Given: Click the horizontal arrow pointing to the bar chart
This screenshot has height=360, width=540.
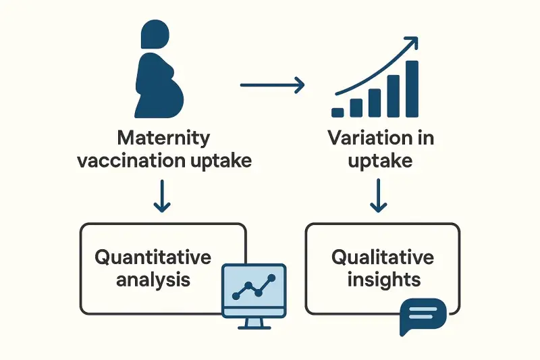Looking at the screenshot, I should coord(272,85).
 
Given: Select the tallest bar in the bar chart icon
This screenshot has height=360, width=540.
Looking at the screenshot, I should coord(411,88).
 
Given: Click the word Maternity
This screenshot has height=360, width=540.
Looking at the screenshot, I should coord(163,139).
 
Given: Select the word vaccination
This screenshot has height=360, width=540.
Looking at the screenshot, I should coord(131,161).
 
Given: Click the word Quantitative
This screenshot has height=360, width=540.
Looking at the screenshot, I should coord(153,257).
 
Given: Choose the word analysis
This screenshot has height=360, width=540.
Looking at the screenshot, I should coord(153,279).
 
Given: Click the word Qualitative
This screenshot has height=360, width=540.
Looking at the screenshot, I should coord(382,257).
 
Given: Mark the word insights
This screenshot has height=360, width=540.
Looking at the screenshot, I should coord(383,279).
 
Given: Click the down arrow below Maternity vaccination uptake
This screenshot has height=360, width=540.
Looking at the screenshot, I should coord(161,197).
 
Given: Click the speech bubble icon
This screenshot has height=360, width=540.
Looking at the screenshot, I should coord(423,315).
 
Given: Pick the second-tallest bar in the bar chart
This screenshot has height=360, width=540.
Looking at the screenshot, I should coord(393,96).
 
